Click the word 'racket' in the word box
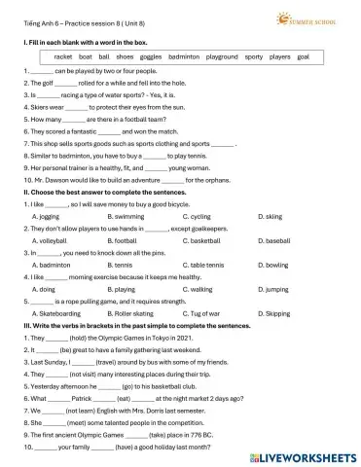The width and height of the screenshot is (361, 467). (63, 57)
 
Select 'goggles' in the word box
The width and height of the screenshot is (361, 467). (148, 57)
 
